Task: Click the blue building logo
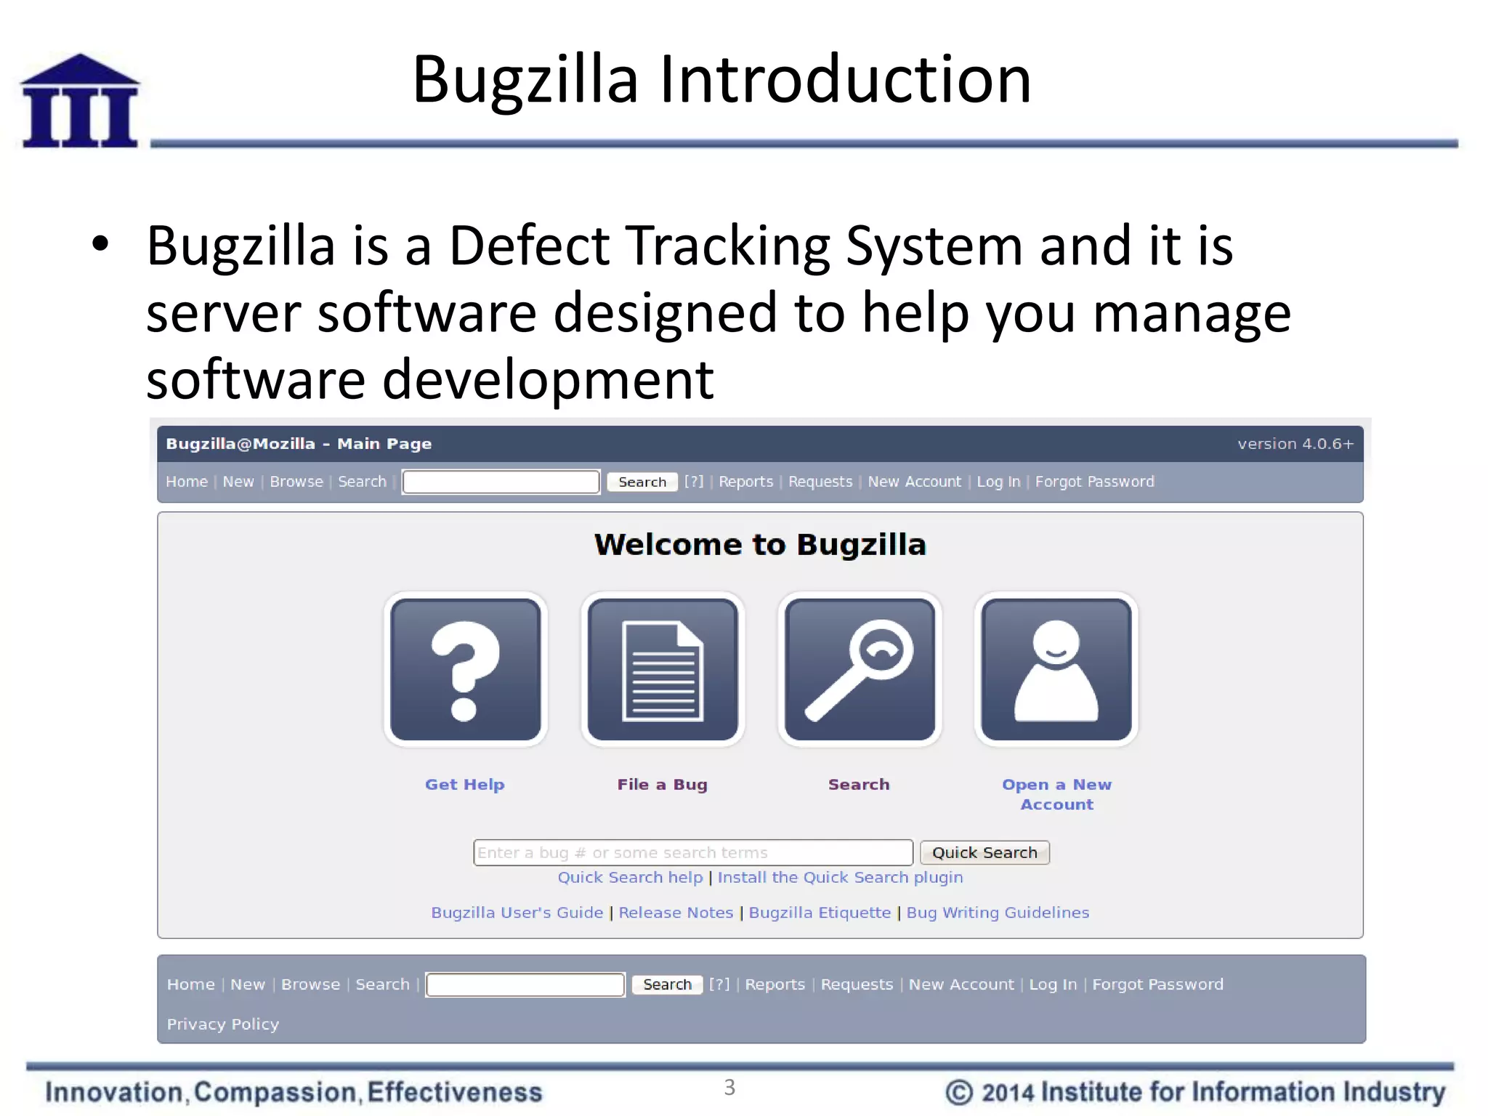pos(80,102)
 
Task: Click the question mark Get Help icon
pos(466,669)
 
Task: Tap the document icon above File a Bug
pos(663,669)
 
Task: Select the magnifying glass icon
pos(860,669)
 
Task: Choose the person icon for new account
pos(1056,669)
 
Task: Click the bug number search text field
pos(692,852)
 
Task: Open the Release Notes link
pos(676,913)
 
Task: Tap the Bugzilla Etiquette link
pos(820,913)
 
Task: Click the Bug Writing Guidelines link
pos(998,913)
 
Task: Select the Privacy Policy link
pos(223,1024)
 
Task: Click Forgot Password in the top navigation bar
pos(1094,482)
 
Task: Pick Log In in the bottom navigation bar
pos(1053,984)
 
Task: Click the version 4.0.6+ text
pos(1295,444)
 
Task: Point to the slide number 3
pos(729,1088)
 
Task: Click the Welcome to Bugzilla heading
pos(760,545)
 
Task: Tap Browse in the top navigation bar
pos(296,482)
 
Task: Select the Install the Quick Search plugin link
pos(840,878)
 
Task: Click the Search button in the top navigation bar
pos(642,482)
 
